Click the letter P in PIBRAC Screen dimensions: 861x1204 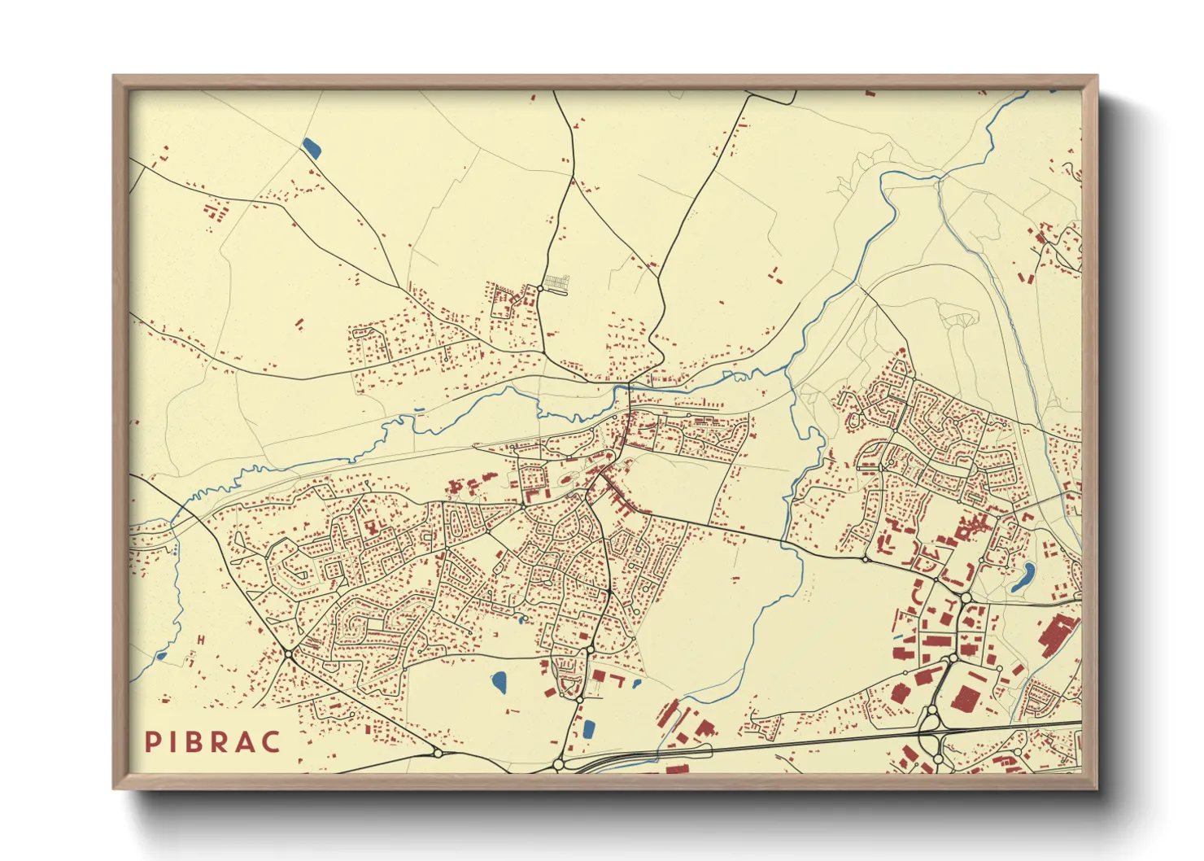pyautogui.click(x=152, y=741)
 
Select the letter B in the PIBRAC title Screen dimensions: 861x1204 pyautogui.click(x=195, y=741)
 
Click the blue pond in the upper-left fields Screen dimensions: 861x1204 pyautogui.click(x=311, y=147)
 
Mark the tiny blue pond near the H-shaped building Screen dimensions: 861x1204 pyautogui.click(x=161, y=655)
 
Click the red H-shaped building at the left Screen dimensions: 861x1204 pyautogui.click(x=200, y=640)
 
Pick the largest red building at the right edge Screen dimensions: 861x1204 pyautogui.click(x=1056, y=635)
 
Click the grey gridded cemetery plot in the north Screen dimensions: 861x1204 pyautogui.click(x=556, y=283)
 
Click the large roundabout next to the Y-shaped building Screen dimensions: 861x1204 pyautogui.click(x=966, y=598)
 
